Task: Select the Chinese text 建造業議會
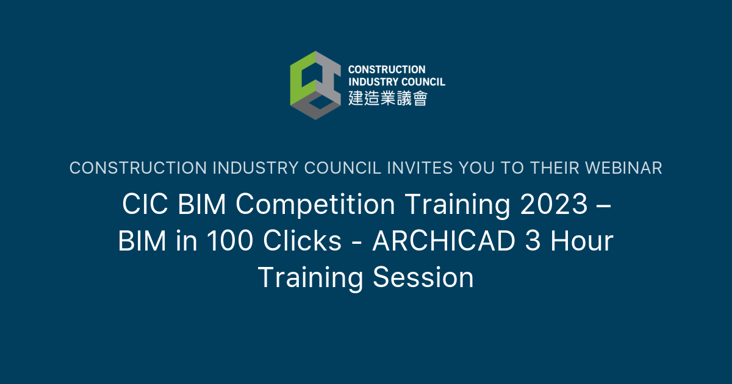[387, 98]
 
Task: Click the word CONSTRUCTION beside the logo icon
[387, 70]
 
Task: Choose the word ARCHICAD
[444, 241]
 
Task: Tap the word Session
[423, 277]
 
